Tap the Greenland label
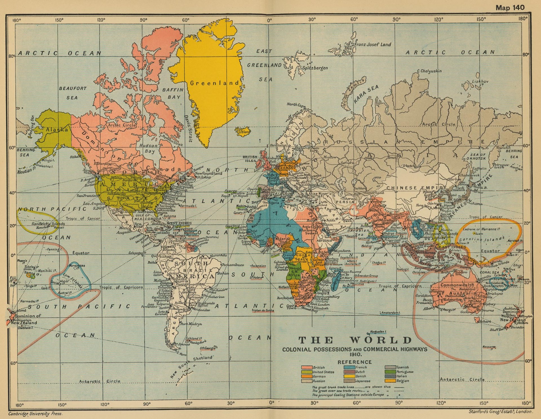pos(215,83)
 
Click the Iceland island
pos(243,131)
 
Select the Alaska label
pos(57,129)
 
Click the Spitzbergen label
pos(315,68)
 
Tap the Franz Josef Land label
pos(373,45)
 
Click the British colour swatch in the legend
pos(307,367)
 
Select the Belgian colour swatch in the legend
pos(390,381)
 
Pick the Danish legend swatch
pos(349,376)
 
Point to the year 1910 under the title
pos(355,354)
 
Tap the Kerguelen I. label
pos(378,332)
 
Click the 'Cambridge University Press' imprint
pos(35,414)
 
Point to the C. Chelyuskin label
pos(429,71)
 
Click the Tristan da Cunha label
pos(263,310)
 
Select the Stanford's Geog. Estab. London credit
pos(500,411)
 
